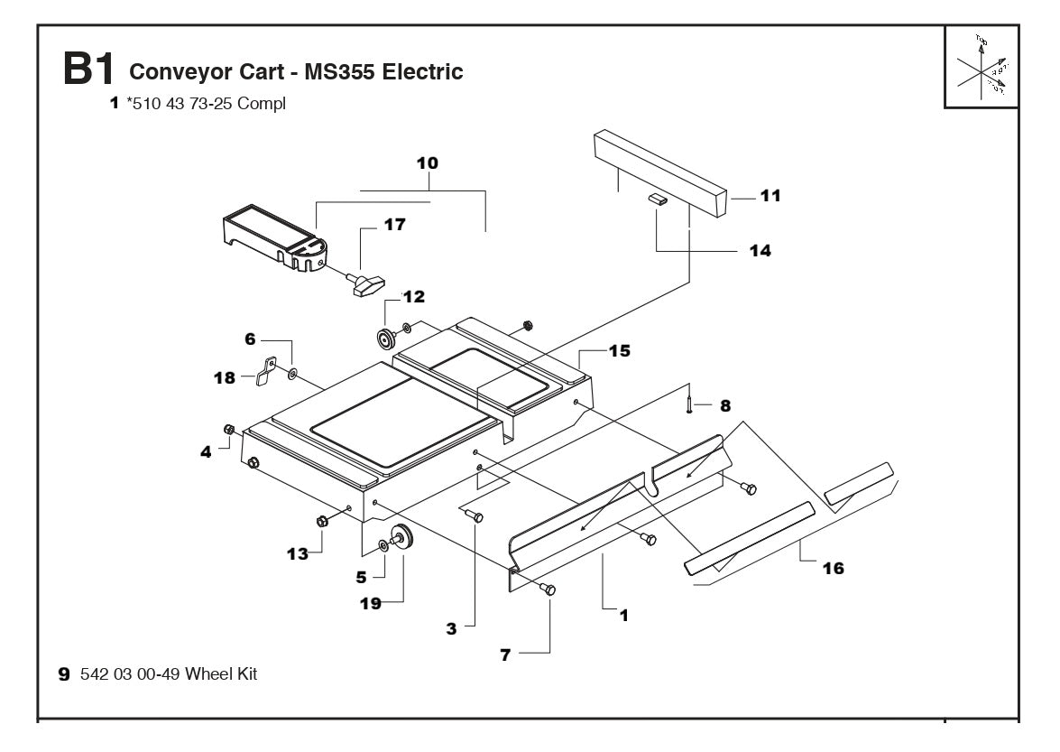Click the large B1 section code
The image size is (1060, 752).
pos(88,70)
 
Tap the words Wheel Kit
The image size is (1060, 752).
pos(221,673)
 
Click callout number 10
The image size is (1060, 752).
pos(427,163)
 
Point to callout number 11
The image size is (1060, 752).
pos(771,195)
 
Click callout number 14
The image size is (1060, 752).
pos(760,251)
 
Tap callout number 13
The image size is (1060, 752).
pos(297,553)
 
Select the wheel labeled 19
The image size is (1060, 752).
pos(401,538)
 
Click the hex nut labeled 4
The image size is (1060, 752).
pos(229,429)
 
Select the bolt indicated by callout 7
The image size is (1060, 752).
pos(548,589)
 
